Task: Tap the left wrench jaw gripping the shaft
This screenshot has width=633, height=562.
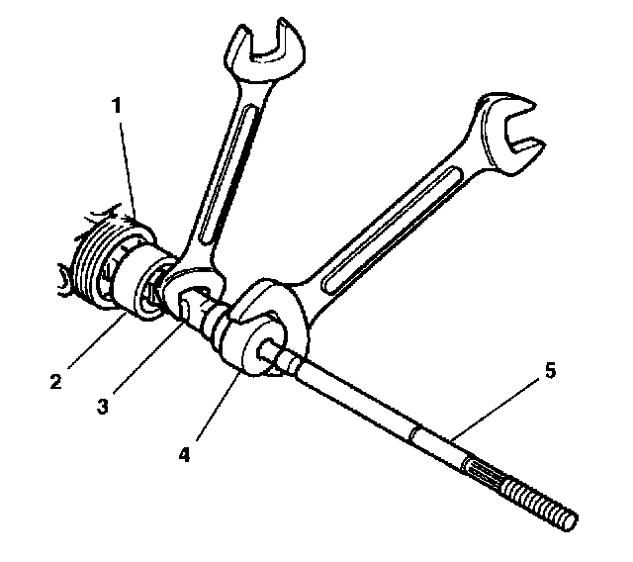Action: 188,291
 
